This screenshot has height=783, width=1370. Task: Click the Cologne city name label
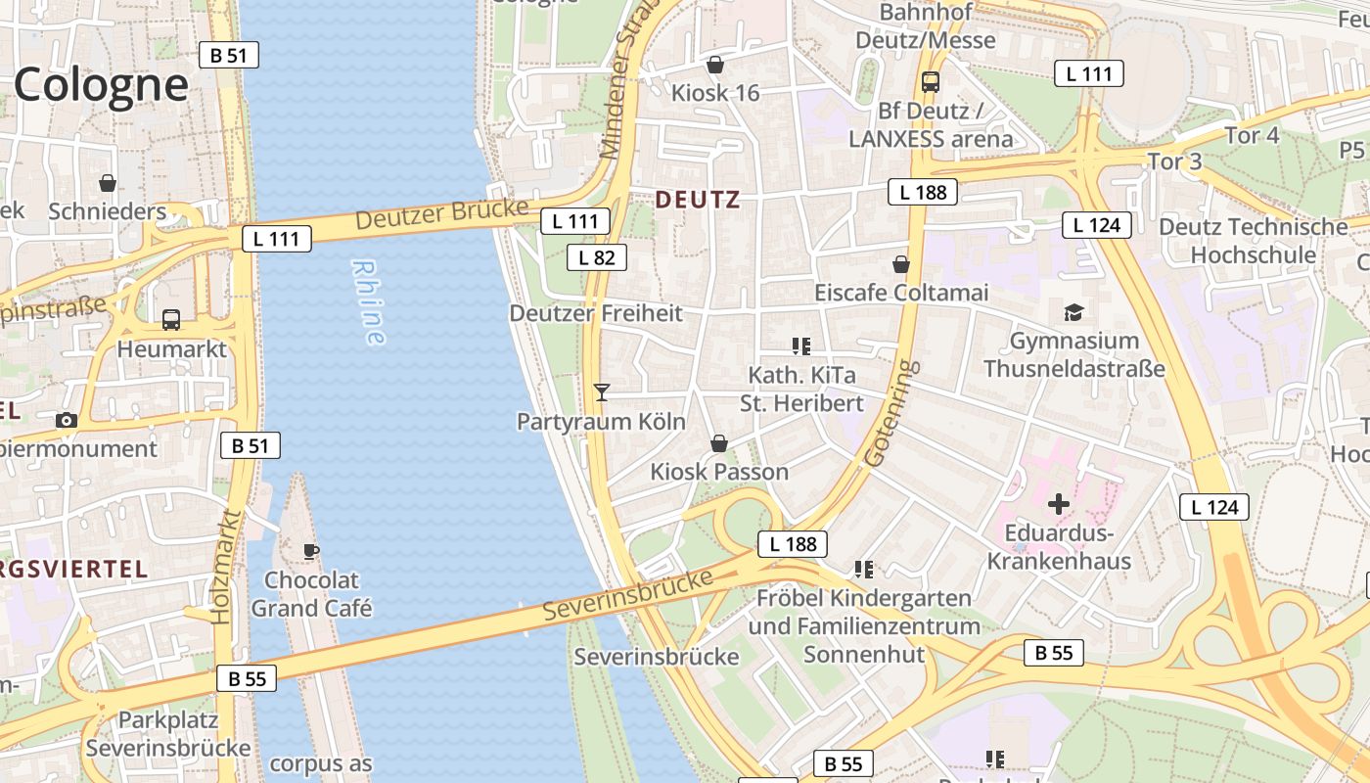pyautogui.click(x=100, y=85)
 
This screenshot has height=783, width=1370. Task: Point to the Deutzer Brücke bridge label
pyautogui.click(x=441, y=214)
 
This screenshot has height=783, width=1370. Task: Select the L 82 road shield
pyautogui.click(x=596, y=257)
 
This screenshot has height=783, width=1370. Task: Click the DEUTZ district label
pyautogui.click(x=697, y=200)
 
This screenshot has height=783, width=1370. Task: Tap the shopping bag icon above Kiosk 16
pyautogui.click(x=715, y=65)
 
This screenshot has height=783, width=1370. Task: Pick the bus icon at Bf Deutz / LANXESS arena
pyautogui.click(x=930, y=82)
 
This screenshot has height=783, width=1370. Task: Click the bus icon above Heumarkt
pyautogui.click(x=171, y=319)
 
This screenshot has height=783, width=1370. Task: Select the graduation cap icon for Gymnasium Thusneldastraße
pyautogui.click(x=1073, y=312)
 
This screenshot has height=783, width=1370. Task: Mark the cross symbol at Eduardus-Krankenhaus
pyautogui.click(x=1058, y=504)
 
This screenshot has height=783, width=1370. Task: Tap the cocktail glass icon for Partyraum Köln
pyautogui.click(x=602, y=392)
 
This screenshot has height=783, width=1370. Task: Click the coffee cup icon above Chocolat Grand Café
pyautogui.click(x=311, y=551)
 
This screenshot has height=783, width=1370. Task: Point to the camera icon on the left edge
pyautogui.click(x=67, y=420)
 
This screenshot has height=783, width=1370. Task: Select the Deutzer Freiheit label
pyautogui.click(x=595, y=313)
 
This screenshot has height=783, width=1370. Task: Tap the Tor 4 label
pyautogui.click(x=1252, y=135)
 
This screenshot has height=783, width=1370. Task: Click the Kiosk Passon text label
pyautogui.click(x=719, y=472)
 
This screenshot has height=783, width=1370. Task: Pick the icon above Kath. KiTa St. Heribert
pyautogui.click(x=801, y=345)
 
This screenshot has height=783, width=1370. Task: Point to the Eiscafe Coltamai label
pyautogui.click(x=901, y=293)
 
